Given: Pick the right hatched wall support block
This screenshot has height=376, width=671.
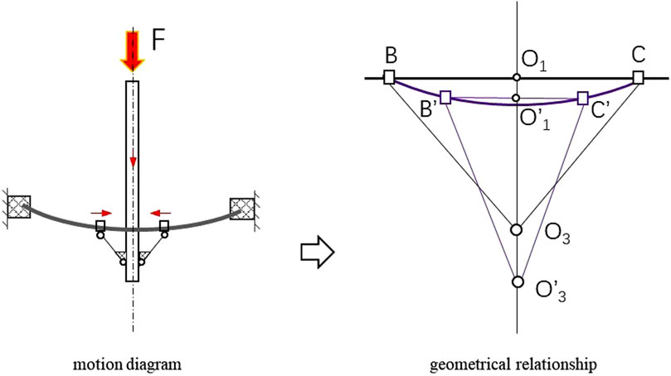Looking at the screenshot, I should (x=242, y=209).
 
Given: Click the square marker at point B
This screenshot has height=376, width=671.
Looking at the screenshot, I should (x=389, y=78).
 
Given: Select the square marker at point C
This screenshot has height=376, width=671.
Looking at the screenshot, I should (x=638, y=78).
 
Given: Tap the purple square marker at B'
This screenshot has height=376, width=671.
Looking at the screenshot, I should (x=445, y=98).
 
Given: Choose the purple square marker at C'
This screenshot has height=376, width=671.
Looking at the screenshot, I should (x=582, y=98).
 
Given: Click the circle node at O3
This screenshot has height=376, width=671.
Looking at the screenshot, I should (x=517, y=229).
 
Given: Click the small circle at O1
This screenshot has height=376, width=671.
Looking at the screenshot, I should (x=517, y=78).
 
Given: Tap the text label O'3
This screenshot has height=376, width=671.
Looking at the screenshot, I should (x=552, y=292).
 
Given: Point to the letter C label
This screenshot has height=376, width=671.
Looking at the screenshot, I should (x=638, y=55).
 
